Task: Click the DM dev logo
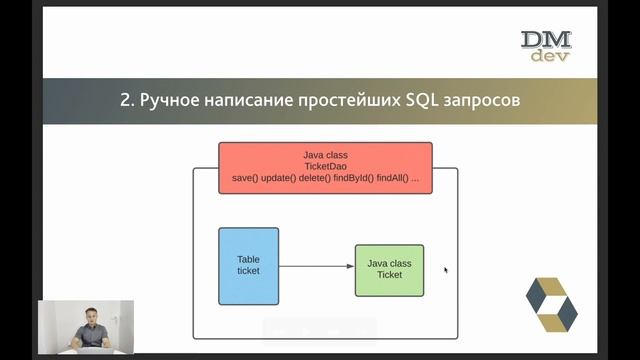[x=546, y=46]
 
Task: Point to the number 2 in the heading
[x=124, y=100]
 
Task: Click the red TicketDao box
[x=325, y=167]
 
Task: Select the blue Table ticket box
[x=248, y=266]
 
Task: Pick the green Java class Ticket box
[x=389, y=270]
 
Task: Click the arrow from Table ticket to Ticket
[x=316, y=267]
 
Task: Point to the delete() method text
[x=315, y=178]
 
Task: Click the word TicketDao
[x=325, y=166]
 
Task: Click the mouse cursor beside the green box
[x=445, y=269]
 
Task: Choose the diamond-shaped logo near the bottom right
[x=551, y=305]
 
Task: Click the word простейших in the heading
[x=331, y=100]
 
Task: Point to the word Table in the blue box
[x=248, y=260]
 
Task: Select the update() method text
[x=279, y=178]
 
